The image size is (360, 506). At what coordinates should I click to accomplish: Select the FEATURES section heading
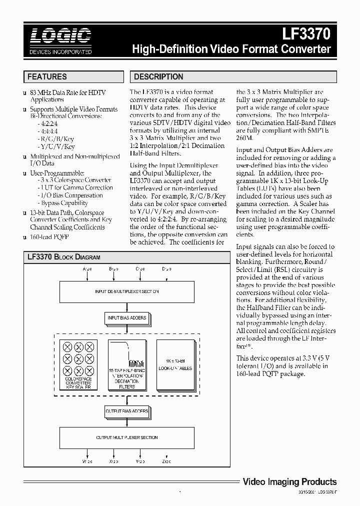(47, 76)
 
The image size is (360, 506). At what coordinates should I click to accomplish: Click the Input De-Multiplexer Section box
(127, 291)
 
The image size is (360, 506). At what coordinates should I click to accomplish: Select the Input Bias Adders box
(127, 317)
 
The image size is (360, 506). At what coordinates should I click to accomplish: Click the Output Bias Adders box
(127, 411)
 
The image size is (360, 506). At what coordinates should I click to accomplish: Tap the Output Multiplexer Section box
(127, 437)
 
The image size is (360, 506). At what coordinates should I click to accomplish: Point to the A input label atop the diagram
(87, 269)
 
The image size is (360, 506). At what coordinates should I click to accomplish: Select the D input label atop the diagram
(165, 269)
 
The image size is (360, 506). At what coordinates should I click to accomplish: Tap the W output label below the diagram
(87, 462)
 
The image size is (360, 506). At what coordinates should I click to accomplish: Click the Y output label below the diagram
(139, 462)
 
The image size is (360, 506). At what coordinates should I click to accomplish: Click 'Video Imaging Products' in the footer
(289, 482)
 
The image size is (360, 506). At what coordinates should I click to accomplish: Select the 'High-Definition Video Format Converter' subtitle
(231, 49)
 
